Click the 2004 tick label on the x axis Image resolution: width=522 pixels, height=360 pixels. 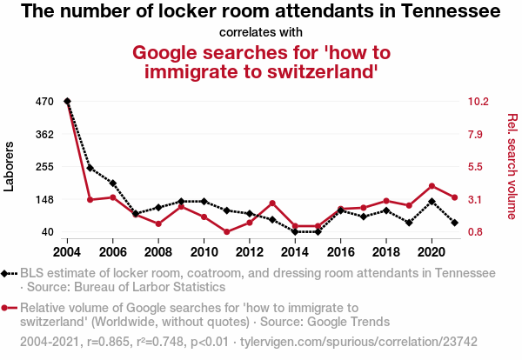pyautogui.click(x=67, y=252)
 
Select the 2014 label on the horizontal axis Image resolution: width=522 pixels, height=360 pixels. pyautogui.click(x=294, y=252)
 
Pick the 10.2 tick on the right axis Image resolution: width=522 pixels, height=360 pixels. pyautogui.click(x=480, y=102)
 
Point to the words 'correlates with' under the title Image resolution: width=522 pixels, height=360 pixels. pyautogui.click(x=261, y=33)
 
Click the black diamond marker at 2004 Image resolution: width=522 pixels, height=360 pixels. pyautogui.click(x=68, y=102)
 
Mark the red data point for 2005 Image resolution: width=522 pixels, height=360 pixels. pyautogui.click(x=90, y=200)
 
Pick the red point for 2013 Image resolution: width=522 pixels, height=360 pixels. pyautogui.click(x=272, y=203)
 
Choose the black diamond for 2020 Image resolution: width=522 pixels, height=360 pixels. pyautogui.click(x=432, y=202)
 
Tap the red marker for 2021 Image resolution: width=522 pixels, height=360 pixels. pyautogui.click(x=454, y=197)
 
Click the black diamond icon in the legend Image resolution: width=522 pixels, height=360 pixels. pyautogui.click(x=6, y=273)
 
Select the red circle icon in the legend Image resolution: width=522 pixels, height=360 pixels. pyautogui.click(x=6, y=307)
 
